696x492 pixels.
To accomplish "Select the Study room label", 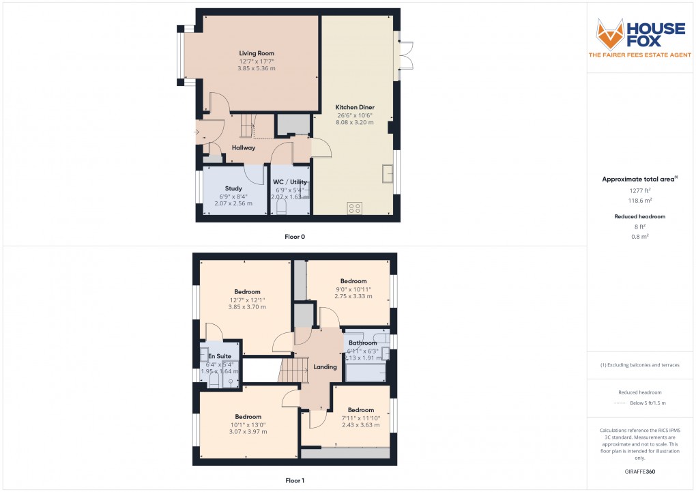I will point(234,188).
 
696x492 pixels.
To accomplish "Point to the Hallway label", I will point(243,147).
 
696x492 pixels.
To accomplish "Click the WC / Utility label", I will point(290,182).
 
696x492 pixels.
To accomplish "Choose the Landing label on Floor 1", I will point(325,367).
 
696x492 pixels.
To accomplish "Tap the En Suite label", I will point(220,356).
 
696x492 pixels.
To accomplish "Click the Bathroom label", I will point(362,343).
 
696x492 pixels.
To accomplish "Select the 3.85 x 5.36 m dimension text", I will point(257,68).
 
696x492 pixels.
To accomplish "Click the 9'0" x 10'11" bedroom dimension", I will point(353,289).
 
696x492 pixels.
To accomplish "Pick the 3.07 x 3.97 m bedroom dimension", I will point(248,432).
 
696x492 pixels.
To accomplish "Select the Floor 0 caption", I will point(295,237).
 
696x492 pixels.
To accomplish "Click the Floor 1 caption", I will point(295,480).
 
